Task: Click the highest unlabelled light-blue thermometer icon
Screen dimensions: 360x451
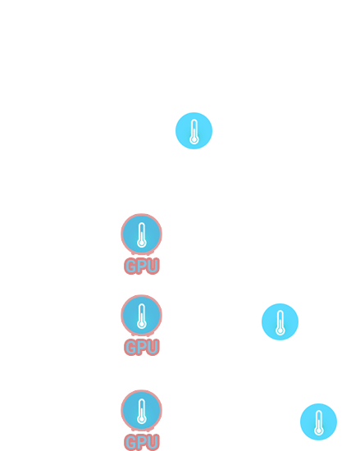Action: point(194,131)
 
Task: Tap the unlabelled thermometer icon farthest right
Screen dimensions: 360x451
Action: point(318,422)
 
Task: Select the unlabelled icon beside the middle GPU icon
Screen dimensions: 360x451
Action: point(280,322)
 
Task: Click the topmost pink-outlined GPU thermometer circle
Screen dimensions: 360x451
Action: point(142,235)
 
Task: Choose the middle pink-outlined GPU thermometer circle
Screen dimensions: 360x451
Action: point(142,315)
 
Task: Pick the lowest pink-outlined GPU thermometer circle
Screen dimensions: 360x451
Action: point(142,411)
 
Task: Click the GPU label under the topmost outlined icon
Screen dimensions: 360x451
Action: point(142,266)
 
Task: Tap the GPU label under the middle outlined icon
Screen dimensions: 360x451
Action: point(142,347)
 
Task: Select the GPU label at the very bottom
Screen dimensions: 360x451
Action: point(142,442)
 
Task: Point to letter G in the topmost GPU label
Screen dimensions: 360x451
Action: point(130,266)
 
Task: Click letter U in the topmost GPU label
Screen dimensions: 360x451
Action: point(153,266)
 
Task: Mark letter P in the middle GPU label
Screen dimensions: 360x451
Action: point(142,347)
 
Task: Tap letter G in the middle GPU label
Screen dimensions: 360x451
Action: point(130,347)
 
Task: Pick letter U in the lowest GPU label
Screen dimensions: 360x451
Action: point(153,442)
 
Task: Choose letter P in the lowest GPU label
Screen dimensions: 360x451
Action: point(142,442)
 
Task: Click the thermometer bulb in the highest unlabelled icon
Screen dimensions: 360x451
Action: point(194,139)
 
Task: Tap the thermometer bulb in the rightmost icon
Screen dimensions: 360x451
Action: point(319,430)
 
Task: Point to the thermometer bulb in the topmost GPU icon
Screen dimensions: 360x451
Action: point(142,243)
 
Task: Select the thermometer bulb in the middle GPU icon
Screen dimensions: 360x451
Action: point(142,324)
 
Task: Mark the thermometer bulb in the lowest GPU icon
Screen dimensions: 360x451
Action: point(142,419)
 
